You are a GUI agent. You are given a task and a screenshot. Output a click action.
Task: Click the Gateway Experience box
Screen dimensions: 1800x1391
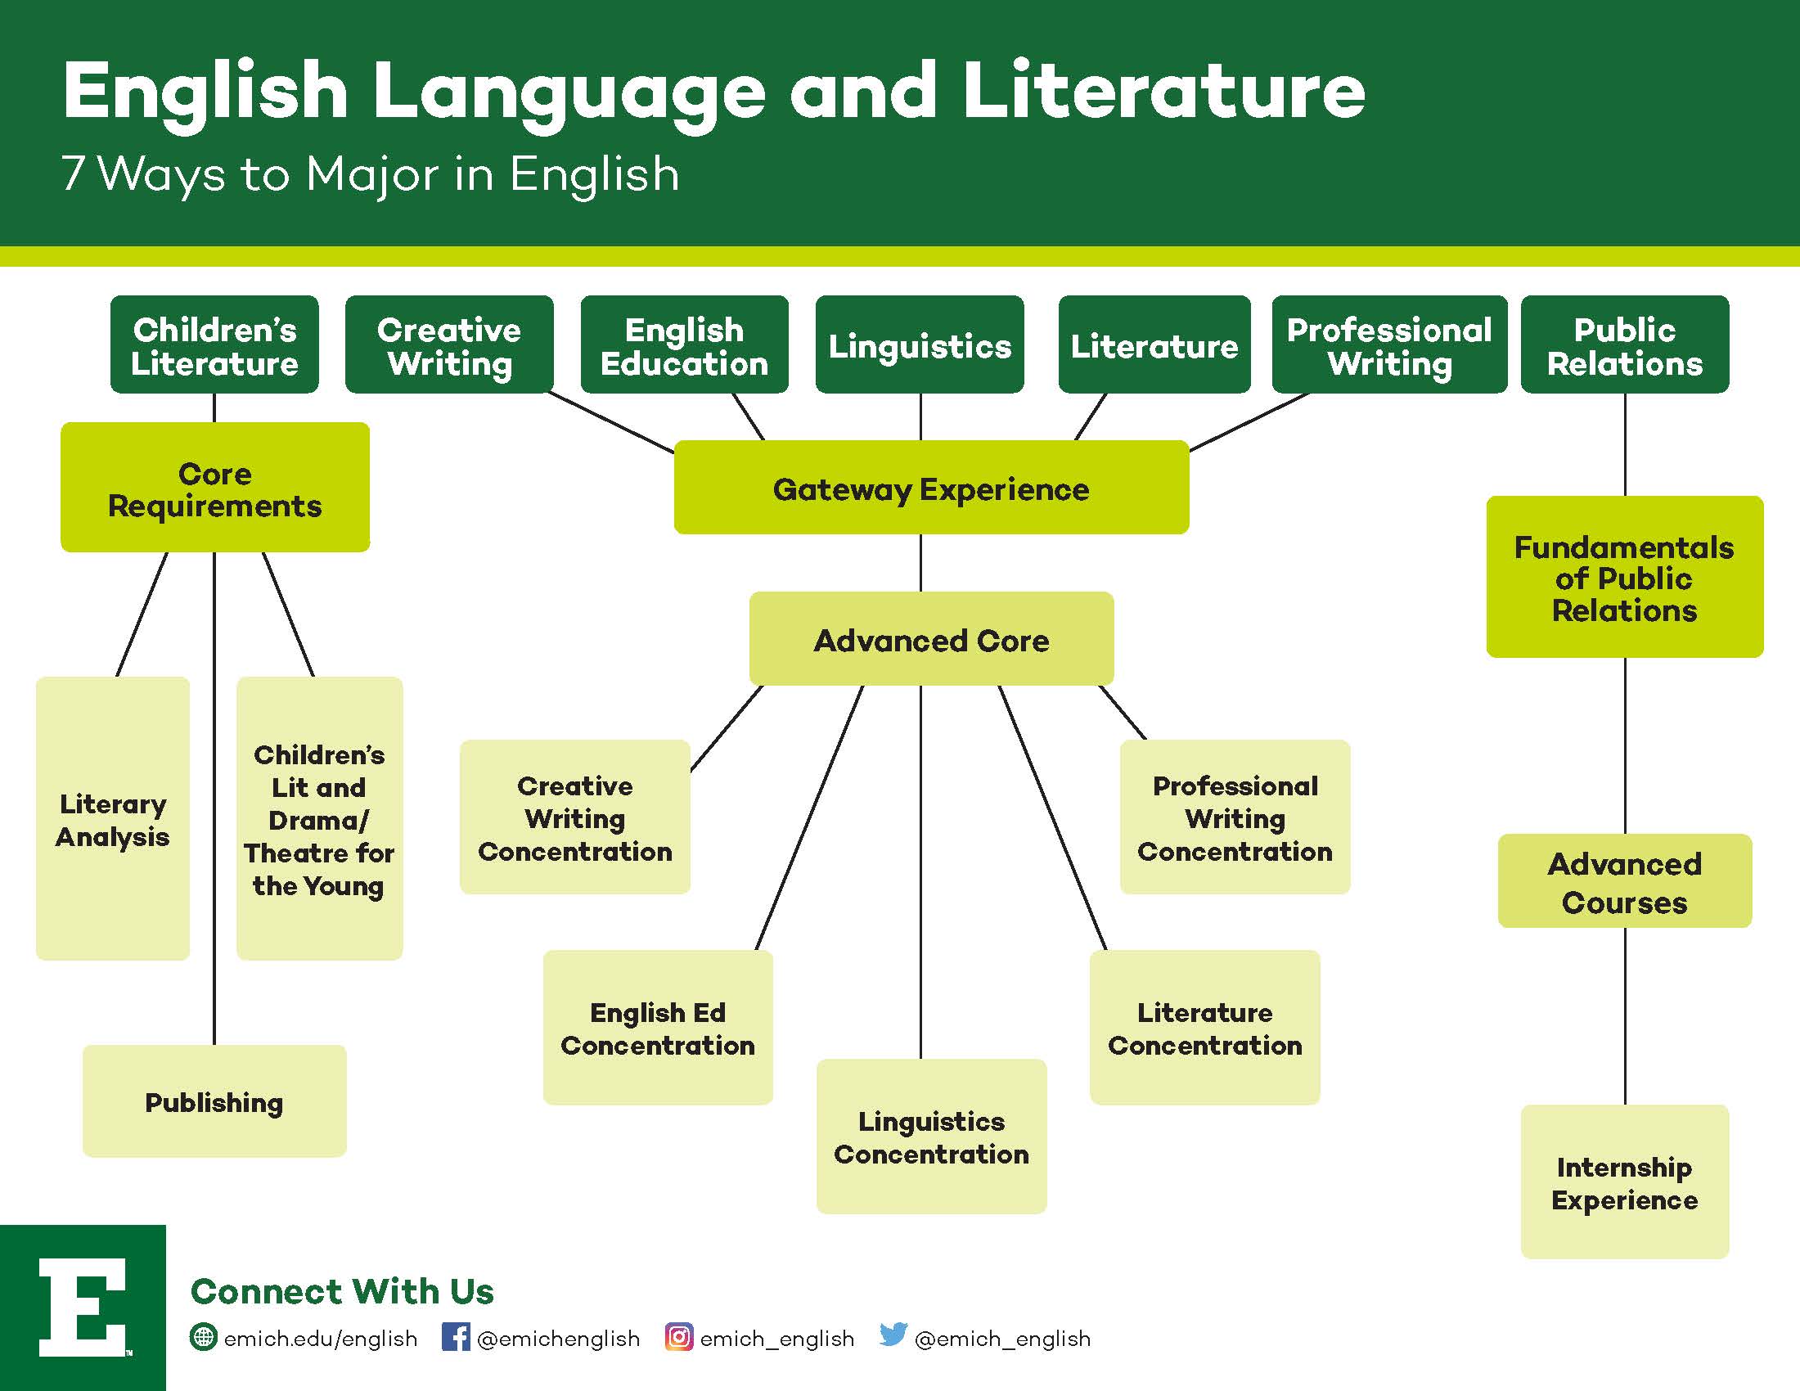pyautogui.click(x=931, y=487)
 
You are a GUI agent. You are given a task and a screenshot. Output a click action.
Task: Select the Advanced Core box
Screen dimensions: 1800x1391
pyautogui.click(x=931, y=639)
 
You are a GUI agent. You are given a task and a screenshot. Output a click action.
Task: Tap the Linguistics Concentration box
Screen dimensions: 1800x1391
pyautogui.click(x=931, y=1137)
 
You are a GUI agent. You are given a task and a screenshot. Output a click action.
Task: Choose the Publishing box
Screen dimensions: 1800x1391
pyautogui.click(x=214, y=1101)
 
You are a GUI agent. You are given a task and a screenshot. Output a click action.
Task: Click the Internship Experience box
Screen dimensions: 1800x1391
pyautogui.click(x=1624, y=1182)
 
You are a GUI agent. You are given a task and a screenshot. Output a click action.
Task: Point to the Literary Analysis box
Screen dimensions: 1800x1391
pyautogui.click(x=113, y=818)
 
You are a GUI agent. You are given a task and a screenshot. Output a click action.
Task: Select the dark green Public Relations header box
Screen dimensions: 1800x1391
pyautogui.click(x=1624, y=344)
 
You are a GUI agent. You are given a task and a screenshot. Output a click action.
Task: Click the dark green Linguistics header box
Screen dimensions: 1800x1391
pyautogui.click(x=920, y=344)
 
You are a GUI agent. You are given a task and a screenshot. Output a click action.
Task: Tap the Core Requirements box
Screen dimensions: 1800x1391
pyautogui.click(x=215, y=487)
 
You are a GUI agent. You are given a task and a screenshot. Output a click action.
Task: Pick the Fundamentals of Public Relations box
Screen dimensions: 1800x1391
pyautogui.click(x=1624, y=577)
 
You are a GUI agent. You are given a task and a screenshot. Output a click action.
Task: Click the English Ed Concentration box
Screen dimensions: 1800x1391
pyautogui.click(x=658, y=1028)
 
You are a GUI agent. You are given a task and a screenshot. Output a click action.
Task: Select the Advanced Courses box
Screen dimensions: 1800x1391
pyautogui.click(x=1624, y=881)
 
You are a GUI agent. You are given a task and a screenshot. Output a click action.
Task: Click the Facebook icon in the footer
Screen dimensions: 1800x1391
pyautogui.click(x=456, y=1337)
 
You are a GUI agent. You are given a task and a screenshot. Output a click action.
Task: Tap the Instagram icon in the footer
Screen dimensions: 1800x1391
pyautogui.click(x=679, y=1337)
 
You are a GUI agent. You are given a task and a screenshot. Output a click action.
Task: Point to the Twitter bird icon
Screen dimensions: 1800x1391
pyautogui.click(x=893, y=1335)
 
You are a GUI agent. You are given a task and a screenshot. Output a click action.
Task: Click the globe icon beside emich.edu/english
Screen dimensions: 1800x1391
pyautogui.click(x=204, y=1337)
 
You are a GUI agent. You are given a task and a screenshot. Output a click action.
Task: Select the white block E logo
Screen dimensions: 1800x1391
pyautogui.click(x=83, y=1307)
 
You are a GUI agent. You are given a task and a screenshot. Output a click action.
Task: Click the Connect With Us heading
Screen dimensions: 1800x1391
pyautogui.click(x=342, y=1291)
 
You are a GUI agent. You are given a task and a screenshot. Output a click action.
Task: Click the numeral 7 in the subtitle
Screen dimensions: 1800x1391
pyautogui.click(x=74, y=173)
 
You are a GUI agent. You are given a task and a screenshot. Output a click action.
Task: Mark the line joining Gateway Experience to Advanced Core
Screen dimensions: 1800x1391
pyautogui.click(x=920, y=563)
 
